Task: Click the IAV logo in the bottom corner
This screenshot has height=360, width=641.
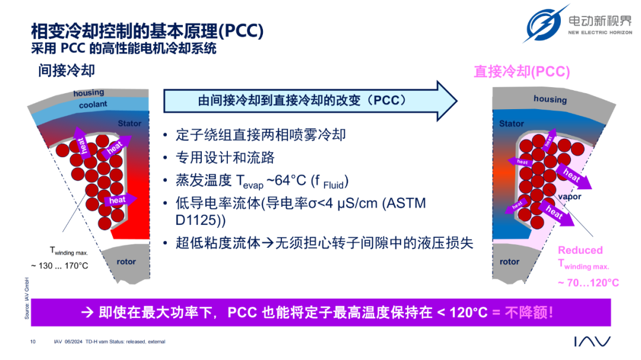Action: pyautogui.click(x=592, y=342)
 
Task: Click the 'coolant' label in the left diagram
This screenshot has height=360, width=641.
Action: pyautogui.click(x=93, y=104)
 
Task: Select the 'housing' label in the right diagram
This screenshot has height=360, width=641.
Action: pyautogui.click(x=550, y=99)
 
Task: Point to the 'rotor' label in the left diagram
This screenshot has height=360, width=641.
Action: pyautogui.click(x=126, y=262)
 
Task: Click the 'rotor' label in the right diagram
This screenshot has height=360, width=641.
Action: pyautogui.click(x=509, y=262)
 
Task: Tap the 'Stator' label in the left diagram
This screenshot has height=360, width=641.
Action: pyautogui.click(x=129, y=123)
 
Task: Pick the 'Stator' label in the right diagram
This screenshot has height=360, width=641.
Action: pyautogui.click(x=512, y=123)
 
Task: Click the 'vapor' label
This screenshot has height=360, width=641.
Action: pyautogui.click(x=569, y=197)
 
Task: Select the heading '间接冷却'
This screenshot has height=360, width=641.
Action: pyautogui.click(x=66, y=71)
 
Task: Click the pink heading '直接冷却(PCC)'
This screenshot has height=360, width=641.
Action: pyautogui.click(x=522, y=72)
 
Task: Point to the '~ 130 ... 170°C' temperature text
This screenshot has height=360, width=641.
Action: pyautogui.click(x=60, y=266)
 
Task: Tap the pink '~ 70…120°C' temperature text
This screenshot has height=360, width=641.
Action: pyautogui.click(x=588, y=283)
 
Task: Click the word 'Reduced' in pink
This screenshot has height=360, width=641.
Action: pyautogui.click(x=580, y=250)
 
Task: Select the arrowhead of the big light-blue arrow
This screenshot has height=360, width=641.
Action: pyautogui.click(x=447, y=101)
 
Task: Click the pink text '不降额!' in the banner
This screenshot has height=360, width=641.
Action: pyautogui.click(x=529, y=313)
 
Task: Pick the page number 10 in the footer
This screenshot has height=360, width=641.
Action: pyautogui.click(x=33, y=342)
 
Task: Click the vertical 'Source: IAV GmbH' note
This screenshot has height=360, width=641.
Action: pyautogui.click(x=27, y=298)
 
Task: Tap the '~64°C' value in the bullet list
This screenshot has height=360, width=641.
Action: pyautogui.click(x=286, y=180)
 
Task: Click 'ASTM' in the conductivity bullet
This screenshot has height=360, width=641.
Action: pyautogui.click(x=404, y=203)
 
